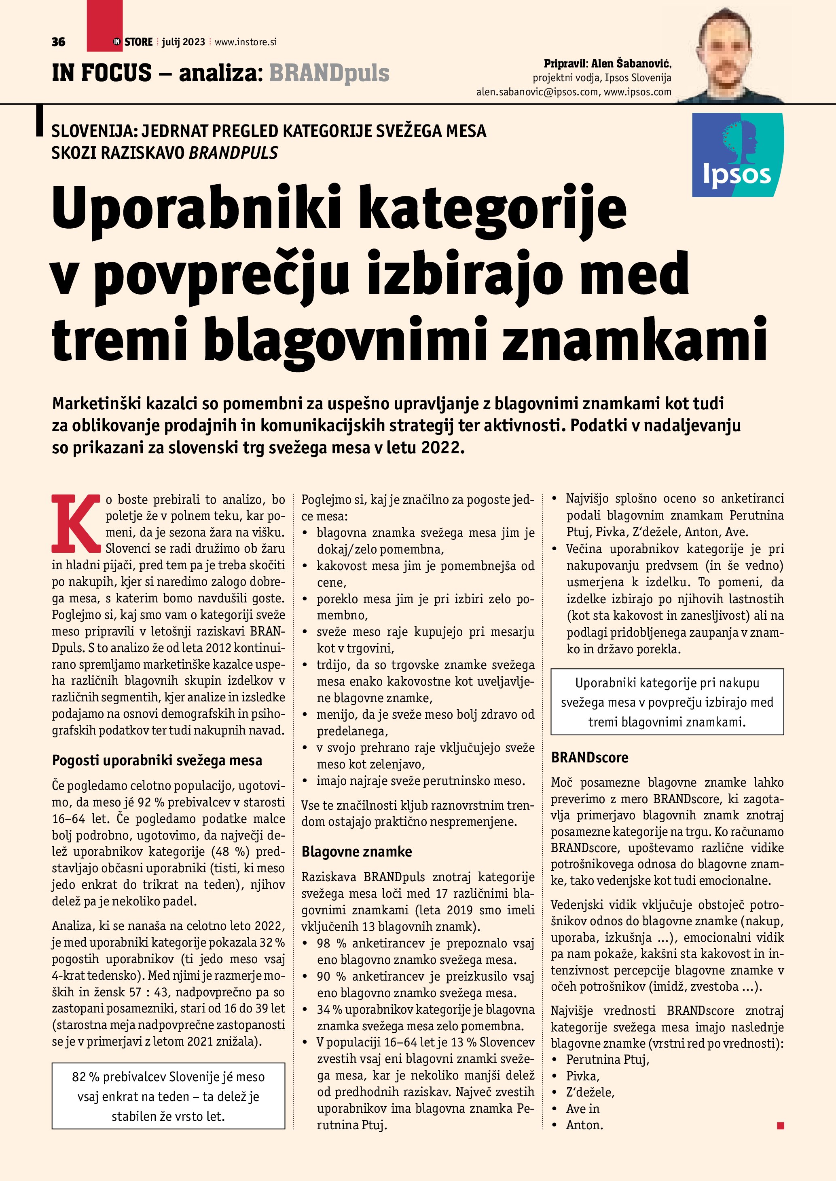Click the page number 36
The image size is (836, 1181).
[x=58, y=42]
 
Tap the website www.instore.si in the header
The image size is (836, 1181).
[x=246, y=42]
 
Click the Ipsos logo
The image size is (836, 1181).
[x=737, y=155]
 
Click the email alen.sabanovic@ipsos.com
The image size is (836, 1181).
[x=537, y=92]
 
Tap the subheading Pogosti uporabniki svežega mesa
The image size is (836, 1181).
[x=157, y=760]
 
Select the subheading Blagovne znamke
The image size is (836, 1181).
[x=357, y=851]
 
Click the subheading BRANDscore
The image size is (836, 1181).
[x=589, y=757]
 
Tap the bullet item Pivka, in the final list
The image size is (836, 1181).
[x=583, y=1076]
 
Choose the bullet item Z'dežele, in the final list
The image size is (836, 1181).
[x=590, y=1092]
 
